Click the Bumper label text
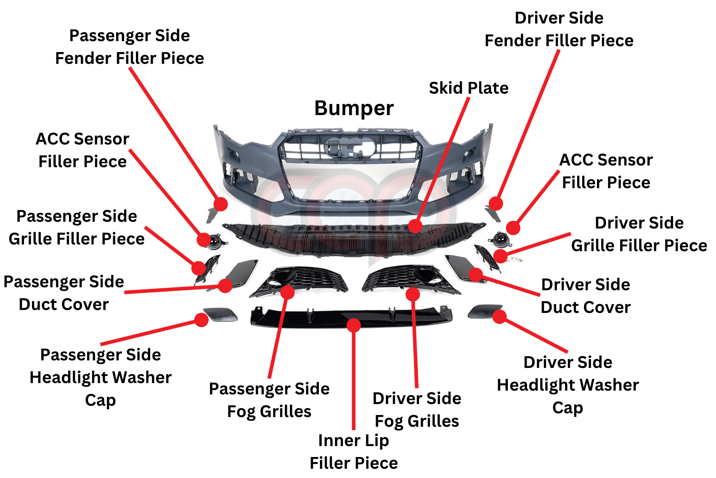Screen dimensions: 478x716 354,108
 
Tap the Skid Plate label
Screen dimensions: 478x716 468,88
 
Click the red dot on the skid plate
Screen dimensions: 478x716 415,226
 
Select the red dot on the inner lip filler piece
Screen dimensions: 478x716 354,325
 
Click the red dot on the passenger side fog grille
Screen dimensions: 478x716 287,292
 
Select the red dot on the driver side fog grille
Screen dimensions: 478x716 413,294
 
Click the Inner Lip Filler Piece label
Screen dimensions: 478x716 354,452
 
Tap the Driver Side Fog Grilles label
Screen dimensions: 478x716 416,410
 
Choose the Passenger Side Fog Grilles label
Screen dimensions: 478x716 269,400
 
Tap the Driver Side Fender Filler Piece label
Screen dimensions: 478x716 559,29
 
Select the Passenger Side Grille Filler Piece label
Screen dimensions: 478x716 77,228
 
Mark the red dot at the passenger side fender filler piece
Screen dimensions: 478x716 220,204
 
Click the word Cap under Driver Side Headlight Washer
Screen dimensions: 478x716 567,408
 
